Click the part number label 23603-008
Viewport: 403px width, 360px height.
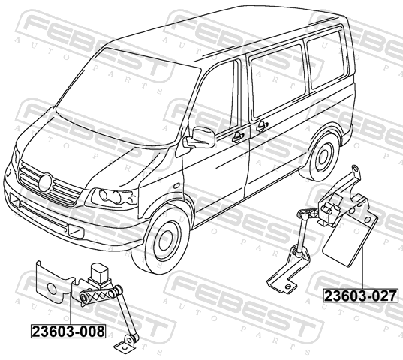point(68,331)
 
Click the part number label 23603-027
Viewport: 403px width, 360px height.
point(361,295)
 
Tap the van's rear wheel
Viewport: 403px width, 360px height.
point(323,156)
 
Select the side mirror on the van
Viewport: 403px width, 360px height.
point(200,138)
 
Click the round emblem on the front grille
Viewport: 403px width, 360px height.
point(45,182)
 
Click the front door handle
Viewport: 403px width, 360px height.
point(238,137)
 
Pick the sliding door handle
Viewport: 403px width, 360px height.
point(262,126)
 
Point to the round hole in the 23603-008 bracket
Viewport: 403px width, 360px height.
point(53,289)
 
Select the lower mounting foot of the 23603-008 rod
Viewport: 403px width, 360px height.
point(126,343)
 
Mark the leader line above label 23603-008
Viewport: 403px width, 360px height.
point(70,309)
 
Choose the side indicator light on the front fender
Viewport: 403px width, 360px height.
point(176,185)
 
